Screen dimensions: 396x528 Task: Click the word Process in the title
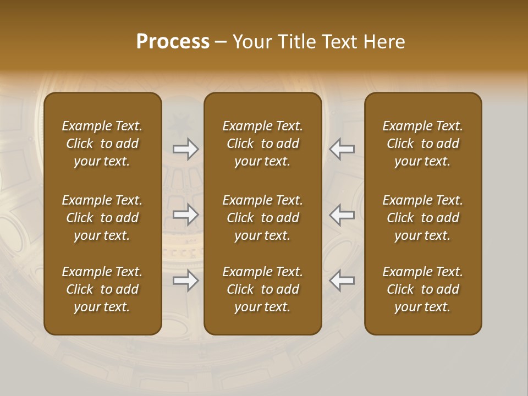coord(173,42)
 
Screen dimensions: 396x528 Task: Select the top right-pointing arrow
coord(186,149)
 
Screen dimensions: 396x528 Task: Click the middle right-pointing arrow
coord(186,215)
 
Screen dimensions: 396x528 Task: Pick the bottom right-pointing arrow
coord(186,281)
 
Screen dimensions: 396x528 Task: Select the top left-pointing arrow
coord(342,149)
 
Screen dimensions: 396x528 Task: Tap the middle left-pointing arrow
coord(342,215)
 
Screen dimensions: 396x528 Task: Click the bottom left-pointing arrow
coord(342,281)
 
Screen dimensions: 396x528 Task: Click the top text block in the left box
coord(102,144)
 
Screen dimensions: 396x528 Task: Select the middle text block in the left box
coord(102,218)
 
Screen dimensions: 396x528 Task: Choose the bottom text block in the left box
coord(102,289)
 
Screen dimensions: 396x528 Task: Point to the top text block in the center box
coord(262,144)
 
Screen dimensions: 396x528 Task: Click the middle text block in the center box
coord(262,218)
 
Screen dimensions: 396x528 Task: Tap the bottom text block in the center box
coord(262,289)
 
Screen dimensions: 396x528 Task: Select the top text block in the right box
coord(422,144)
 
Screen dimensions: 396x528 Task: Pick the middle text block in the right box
coord(422,218)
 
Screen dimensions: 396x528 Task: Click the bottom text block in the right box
coord(422,289)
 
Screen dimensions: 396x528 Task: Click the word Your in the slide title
coord(250,42)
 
